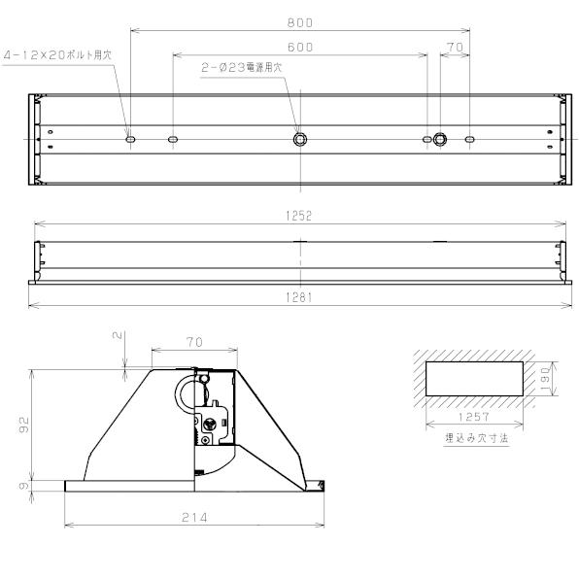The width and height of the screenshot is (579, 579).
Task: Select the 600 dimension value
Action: (300, 47)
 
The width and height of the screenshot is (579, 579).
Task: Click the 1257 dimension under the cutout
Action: (474, 416)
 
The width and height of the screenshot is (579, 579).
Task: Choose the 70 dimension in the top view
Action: (455, 47)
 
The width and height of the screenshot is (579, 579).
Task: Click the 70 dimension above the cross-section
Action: (194, 342)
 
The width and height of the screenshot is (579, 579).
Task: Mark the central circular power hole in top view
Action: (300, 140)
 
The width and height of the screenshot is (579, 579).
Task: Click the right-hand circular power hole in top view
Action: (440, 140)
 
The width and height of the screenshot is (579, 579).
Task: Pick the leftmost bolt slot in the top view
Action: (130, 140)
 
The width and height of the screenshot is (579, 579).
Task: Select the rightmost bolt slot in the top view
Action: (469, 140)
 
